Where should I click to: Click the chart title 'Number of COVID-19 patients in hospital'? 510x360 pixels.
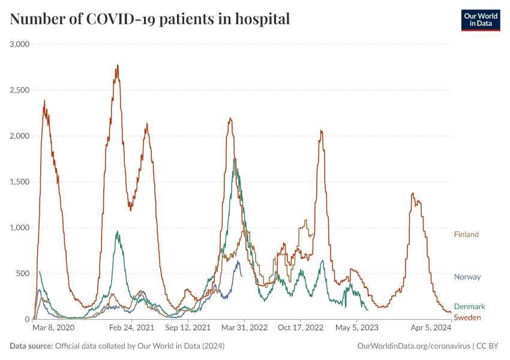click(150, 19)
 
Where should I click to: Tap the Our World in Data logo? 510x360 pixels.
click(480, 20)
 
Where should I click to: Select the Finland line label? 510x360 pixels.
click(466, 235)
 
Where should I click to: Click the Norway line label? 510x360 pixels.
click(467, 277)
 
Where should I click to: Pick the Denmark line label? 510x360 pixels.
click(469, 307)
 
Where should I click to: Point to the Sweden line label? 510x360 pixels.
click(467, 317)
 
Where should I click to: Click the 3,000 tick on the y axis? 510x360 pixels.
click(20, 44)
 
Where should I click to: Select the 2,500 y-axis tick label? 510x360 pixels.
click(20, 90)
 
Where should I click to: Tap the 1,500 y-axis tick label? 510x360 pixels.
click(20, 182)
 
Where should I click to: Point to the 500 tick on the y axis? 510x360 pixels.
click(23, 274)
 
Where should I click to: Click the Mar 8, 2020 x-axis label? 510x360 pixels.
click(53, 328)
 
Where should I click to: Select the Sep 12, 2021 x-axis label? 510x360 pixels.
click(187, 328)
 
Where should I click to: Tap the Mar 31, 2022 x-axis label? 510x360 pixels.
click(244, 328)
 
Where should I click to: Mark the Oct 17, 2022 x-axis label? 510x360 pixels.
click(301, 328)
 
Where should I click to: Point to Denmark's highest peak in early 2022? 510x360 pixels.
click(235, 159)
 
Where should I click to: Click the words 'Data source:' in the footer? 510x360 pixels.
click(31, 346)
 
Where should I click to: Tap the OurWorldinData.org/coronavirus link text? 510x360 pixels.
click(413, 346)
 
